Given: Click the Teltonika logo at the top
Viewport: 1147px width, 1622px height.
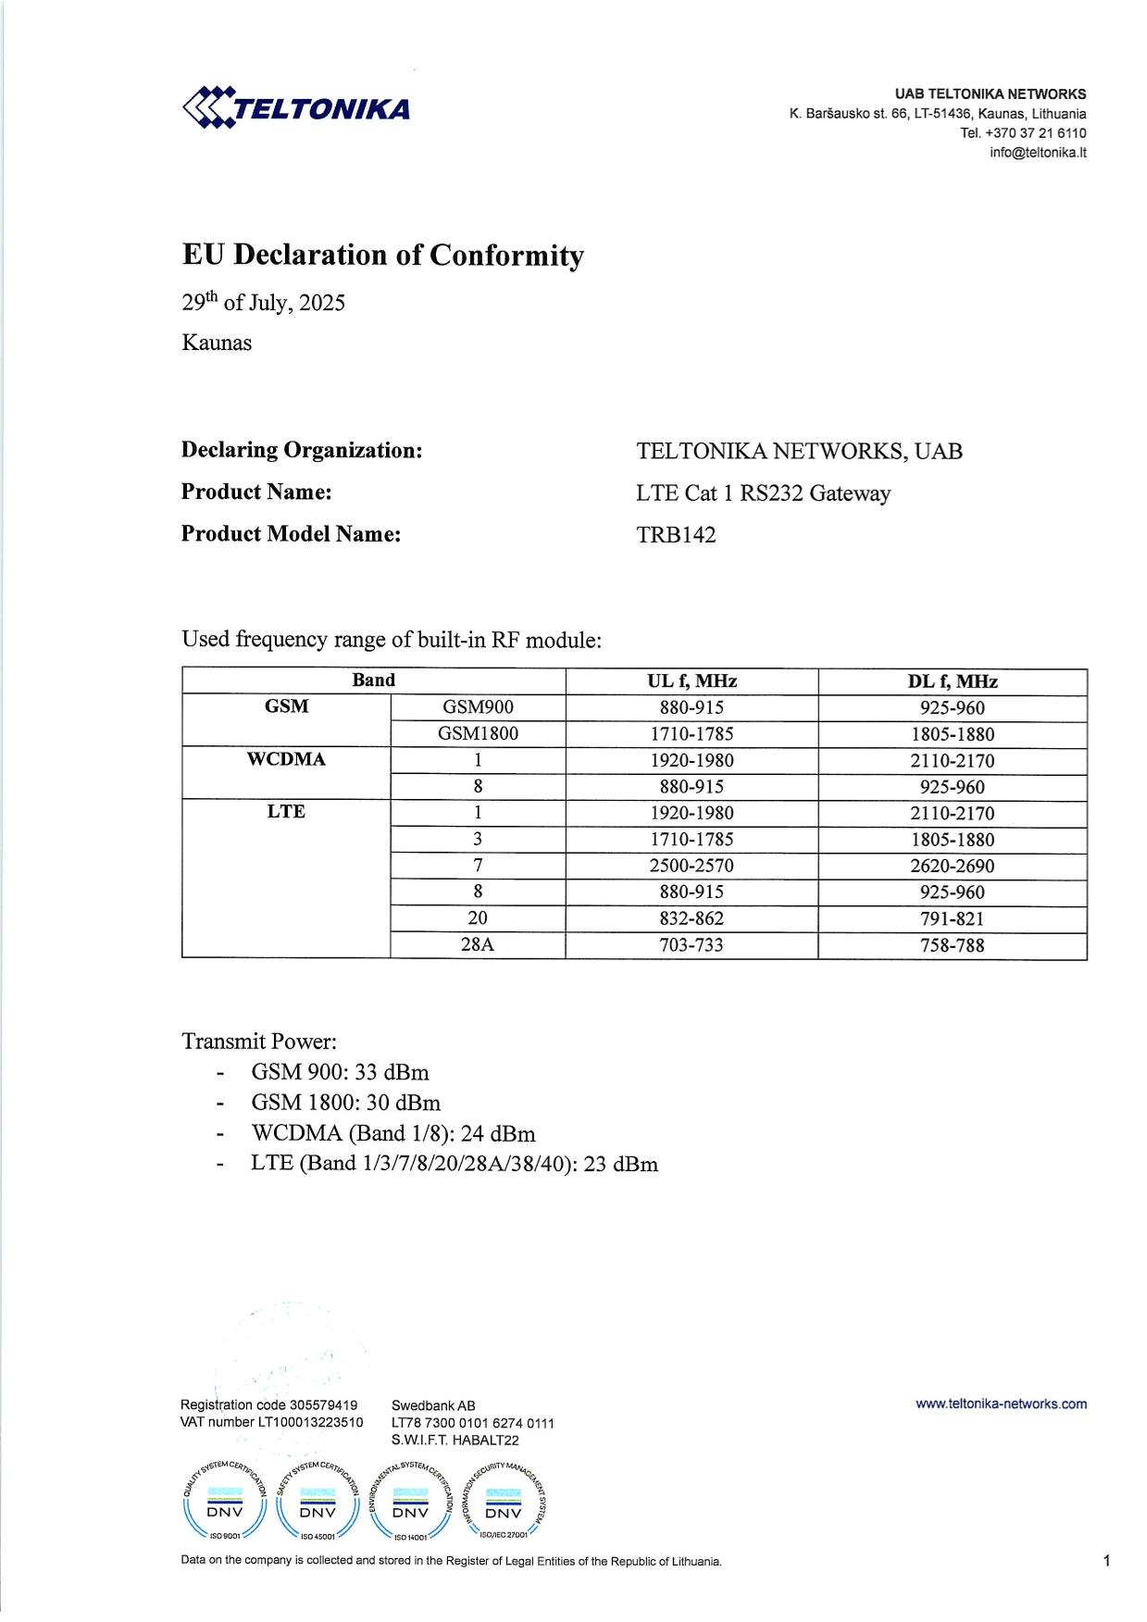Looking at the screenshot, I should click(x=296, y=107).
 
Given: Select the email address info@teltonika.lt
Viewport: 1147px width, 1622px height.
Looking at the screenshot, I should click(x=1037, y=153).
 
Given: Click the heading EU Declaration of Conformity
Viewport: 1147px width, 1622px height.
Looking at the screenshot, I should click(x=382, y=256).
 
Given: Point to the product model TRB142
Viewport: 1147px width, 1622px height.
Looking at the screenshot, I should click(x=676, y=535).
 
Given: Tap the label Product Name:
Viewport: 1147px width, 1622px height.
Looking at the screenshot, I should click(x=256, y=492).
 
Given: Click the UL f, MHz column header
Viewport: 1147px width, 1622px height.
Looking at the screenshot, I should click(x=692, y=681).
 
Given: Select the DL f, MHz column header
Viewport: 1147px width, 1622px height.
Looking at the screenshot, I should click(x=952, y=681).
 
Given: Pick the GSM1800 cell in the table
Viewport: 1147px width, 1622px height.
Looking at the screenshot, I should click(x=478, y=734).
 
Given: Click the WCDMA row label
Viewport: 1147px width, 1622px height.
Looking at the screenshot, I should click(x=286, y=760).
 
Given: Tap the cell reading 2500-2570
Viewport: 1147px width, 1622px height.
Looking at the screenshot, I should click(x=692, y=866).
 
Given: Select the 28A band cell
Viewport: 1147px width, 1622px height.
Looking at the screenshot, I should click(x=478, y=945).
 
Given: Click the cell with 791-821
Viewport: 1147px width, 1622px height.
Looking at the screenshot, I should click(x=952, y=918).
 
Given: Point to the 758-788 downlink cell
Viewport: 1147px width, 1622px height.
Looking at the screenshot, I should click(x=952, y=945).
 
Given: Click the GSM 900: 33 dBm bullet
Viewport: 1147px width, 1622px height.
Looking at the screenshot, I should click(x=340, y=1072).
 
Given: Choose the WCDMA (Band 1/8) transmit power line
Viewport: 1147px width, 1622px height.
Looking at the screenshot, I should click(x=393, y=1133).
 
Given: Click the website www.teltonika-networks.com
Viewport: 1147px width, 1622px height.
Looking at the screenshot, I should click(x=1001, y=1404).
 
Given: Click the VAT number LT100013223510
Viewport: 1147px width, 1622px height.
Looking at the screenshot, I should click(x=271, y=1422).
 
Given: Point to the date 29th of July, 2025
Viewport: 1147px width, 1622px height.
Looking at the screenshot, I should click(x=263, y=303).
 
